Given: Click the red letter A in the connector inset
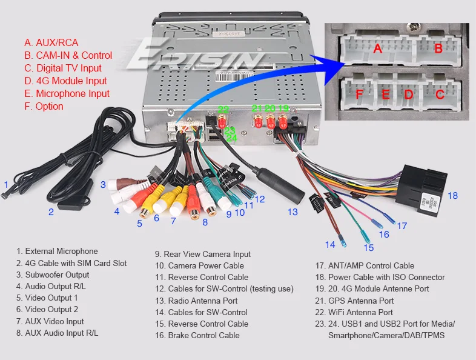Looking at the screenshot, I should [377, 48].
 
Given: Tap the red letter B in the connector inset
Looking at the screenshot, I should [438, 48].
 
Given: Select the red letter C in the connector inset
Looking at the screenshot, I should [440, 94].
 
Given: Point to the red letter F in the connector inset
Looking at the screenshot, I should [359, 94].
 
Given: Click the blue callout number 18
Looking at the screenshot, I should [453, 195].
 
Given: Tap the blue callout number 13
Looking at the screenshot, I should [293, 212].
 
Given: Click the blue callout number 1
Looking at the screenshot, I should [6, 185].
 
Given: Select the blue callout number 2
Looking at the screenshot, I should [51, 212].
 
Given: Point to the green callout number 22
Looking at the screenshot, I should [223, 110].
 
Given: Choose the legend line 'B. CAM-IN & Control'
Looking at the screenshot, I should [68, 56].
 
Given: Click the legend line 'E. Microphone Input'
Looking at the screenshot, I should [67, 94].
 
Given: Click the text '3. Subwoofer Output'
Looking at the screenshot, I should [53, 275].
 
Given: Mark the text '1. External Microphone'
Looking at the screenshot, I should [57, 251].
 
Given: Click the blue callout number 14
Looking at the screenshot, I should [330, 245].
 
